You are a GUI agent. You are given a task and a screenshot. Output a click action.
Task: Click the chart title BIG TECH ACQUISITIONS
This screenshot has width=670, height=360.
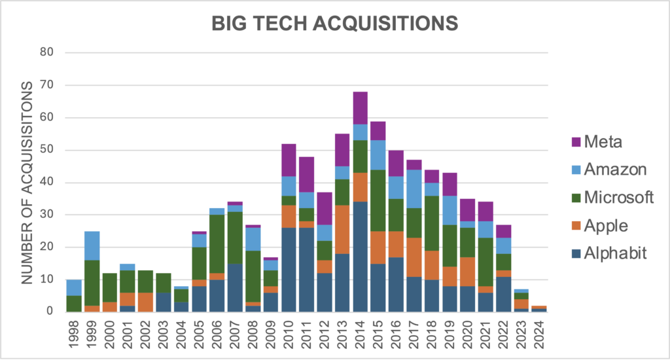pos(334,24)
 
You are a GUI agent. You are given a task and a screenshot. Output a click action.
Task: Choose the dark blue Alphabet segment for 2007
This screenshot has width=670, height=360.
pos(235,287)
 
